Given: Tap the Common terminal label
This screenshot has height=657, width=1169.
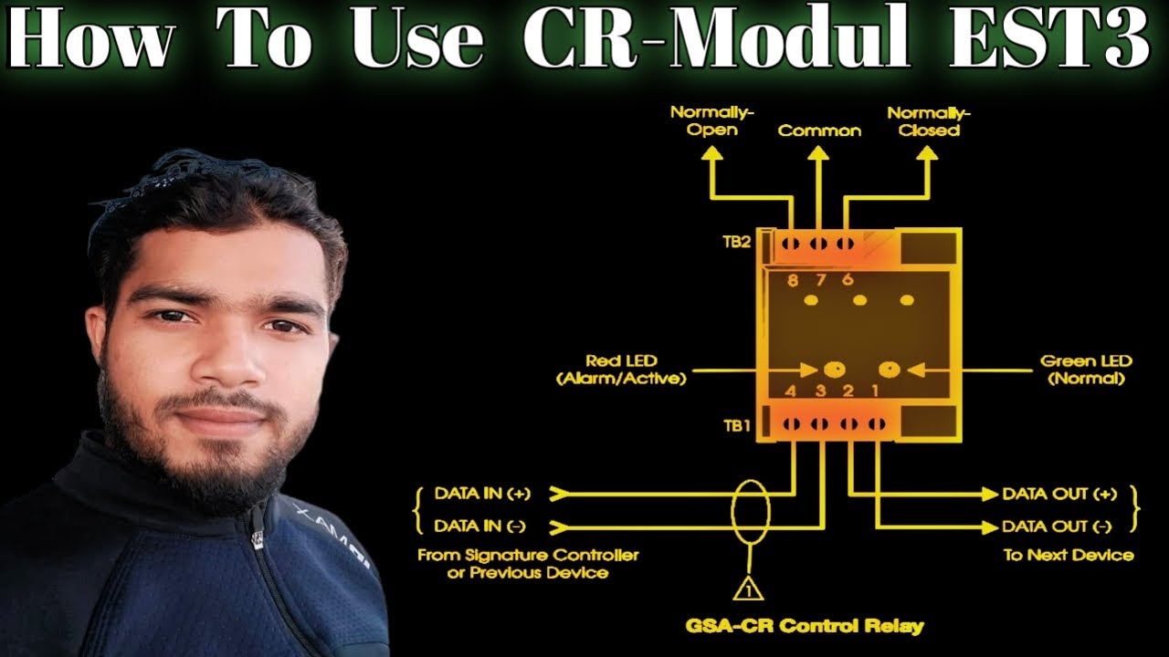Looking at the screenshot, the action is click(819, 130).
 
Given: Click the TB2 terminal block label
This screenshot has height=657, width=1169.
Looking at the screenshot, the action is click(736, 243).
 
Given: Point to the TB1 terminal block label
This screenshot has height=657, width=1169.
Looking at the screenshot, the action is click(736, 424).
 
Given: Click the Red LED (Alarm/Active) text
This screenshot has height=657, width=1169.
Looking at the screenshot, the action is click(621, 370).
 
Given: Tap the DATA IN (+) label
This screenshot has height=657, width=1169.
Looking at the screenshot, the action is click(482, 494).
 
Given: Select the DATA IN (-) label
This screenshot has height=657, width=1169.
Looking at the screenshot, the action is click(482, 526).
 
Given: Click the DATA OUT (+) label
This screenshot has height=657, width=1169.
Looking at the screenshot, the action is click(1058, 494).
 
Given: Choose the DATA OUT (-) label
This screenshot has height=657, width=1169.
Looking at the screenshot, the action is click(1057, 526).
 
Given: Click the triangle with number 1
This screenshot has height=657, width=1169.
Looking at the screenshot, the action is click(749, 589).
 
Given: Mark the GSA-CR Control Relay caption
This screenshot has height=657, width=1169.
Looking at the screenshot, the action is click(804, 626).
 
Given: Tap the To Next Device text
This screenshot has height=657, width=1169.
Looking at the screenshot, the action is click(1069, 555).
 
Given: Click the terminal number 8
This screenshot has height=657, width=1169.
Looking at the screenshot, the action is click(792, 281).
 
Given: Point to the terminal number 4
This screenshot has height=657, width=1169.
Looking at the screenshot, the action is click(791, 391).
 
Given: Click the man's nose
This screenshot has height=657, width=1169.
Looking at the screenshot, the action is click(217, 357).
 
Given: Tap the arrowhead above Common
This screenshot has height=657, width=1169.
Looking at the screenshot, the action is click(818, 156).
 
